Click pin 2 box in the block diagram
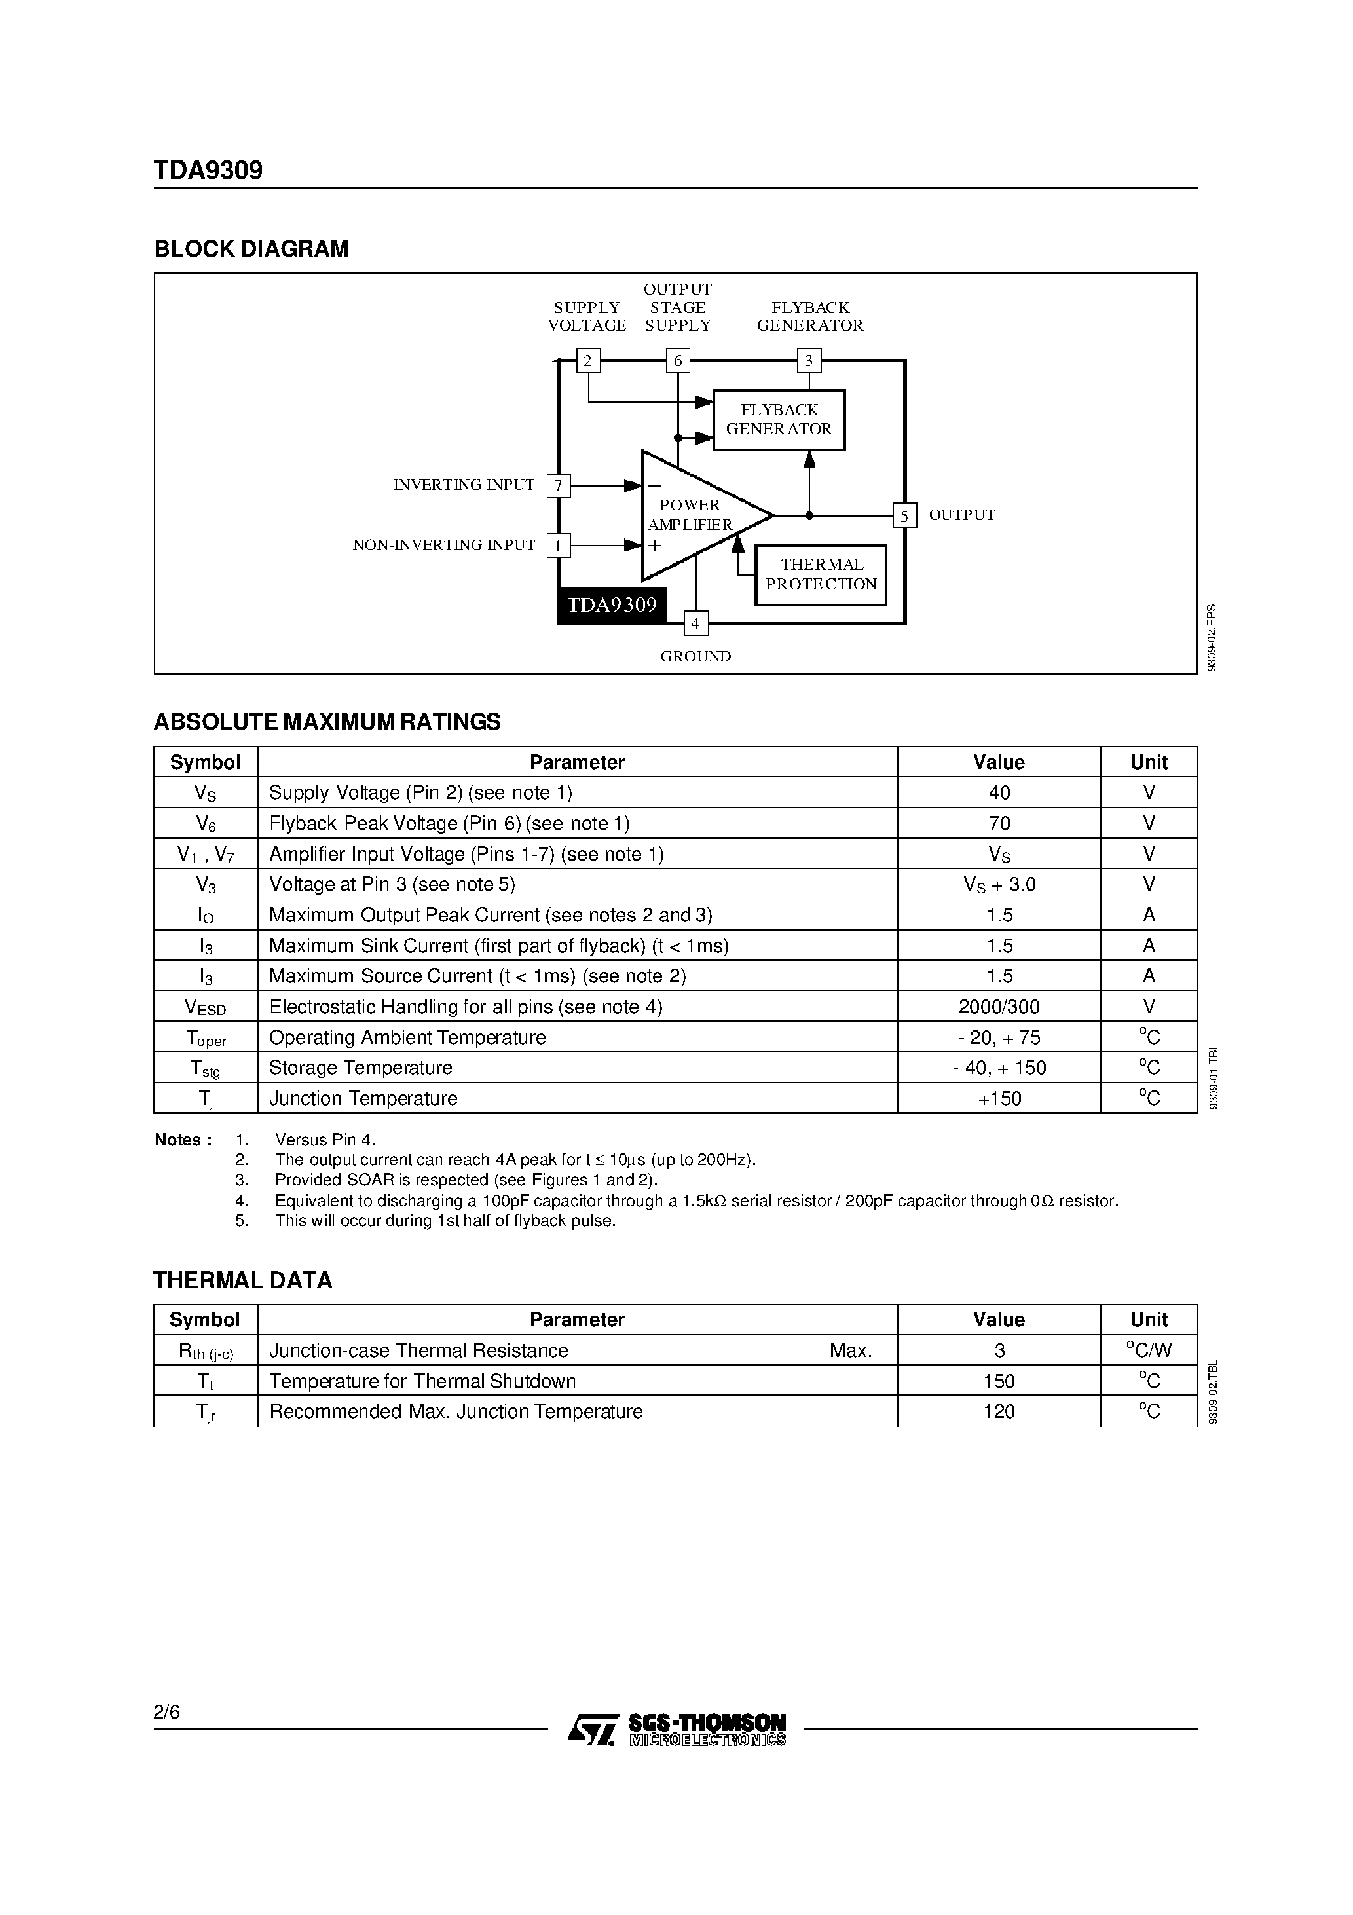click(x=588, y=361)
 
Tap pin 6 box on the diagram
click(x=677, y=361)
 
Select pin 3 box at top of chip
click(x=808, y=361)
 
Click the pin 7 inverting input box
click(x=558, y=485)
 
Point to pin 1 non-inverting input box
click(x=558, y=546)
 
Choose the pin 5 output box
click(x=904, y=515)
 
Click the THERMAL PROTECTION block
click(x=821, y=574)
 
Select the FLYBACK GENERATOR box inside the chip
click(x=779, y=420)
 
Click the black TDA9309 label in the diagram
click(x=612, y=604)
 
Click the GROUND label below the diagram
click(x=695, y=656)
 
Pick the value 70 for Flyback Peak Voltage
click(x=999, y=823)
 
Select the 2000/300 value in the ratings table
click(x=999, y=1007)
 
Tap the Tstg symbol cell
click(x=205, y=1068)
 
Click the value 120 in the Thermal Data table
click(x=999, y=1411)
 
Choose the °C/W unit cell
click(x=1149, y=1350)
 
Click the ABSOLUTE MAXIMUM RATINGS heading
click(x=327, y=722)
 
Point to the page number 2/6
click(x=167, y=1713)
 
